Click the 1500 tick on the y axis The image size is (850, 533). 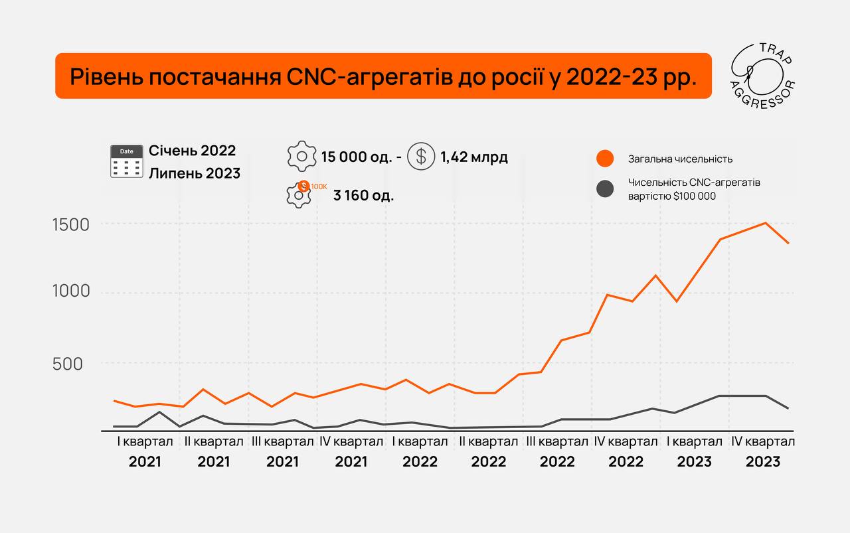point(70,225)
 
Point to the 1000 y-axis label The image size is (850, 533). point(70,292)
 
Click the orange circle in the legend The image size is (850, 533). point(604,159)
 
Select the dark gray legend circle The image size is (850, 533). point(604,189)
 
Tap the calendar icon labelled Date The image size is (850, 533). point(126,161)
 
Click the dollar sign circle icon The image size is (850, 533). point(420,157)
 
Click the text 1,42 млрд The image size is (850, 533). point(473,157)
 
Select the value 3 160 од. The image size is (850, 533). point(364,196)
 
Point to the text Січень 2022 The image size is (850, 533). point(193,151)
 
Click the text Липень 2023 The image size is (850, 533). point(195,174)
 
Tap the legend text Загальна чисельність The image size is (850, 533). point(680,159)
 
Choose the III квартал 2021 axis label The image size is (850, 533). point(282,451)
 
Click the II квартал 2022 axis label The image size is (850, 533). point(488,451)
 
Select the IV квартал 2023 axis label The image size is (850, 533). point(762,451)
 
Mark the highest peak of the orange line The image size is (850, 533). point(766,223)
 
